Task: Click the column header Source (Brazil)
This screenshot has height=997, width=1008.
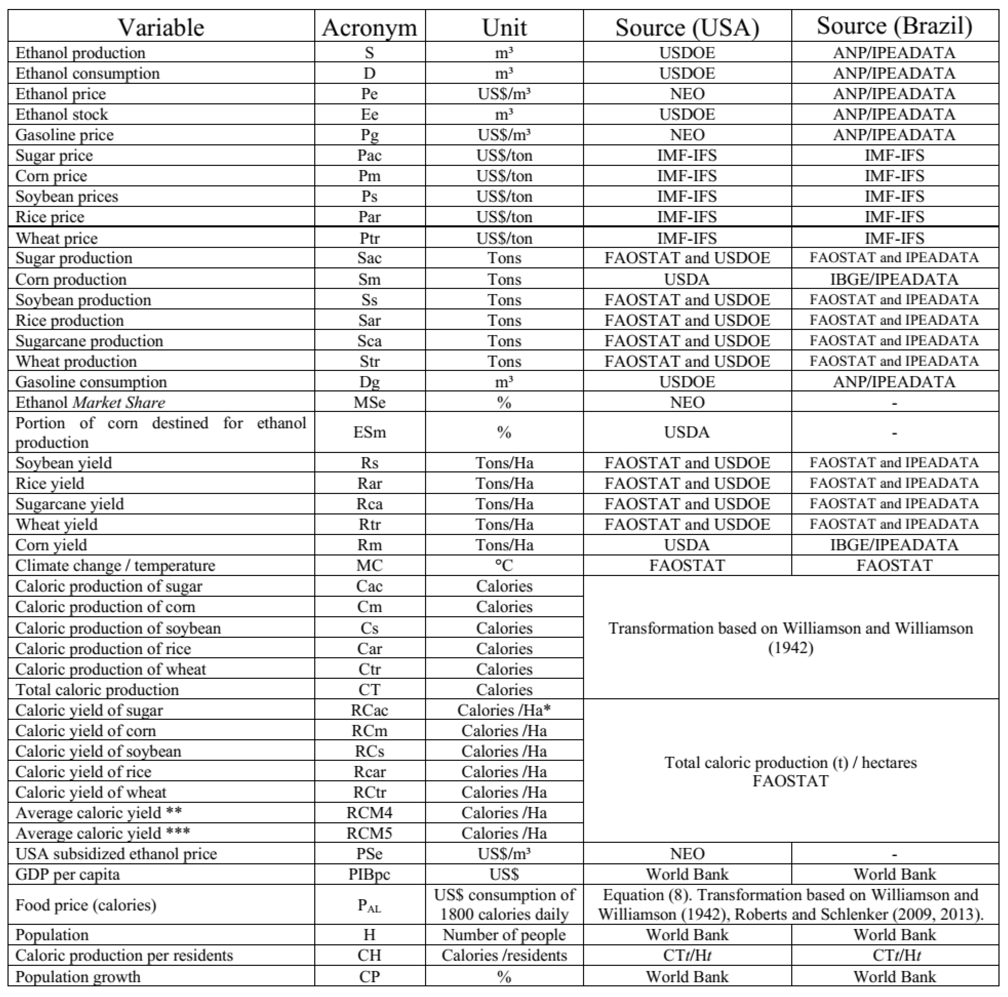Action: click(894, 26)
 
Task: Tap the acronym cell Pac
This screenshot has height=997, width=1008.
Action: click(369, 155)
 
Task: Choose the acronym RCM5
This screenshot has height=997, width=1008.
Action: click(369, 833)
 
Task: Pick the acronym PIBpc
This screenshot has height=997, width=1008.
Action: click(369, 874)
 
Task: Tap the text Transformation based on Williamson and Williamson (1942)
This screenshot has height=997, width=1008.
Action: click(791, 637)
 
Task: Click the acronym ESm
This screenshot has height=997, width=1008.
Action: click(369, 432)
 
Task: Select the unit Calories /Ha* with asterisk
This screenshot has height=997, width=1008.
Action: click(504, 710)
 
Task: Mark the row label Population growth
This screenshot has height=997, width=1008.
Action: click(78, 977)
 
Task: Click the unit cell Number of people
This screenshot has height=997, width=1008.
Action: click(504, 935)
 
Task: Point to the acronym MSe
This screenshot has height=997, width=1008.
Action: click(369, 403)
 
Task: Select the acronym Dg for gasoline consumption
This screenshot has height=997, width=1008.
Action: click(369, 382)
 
